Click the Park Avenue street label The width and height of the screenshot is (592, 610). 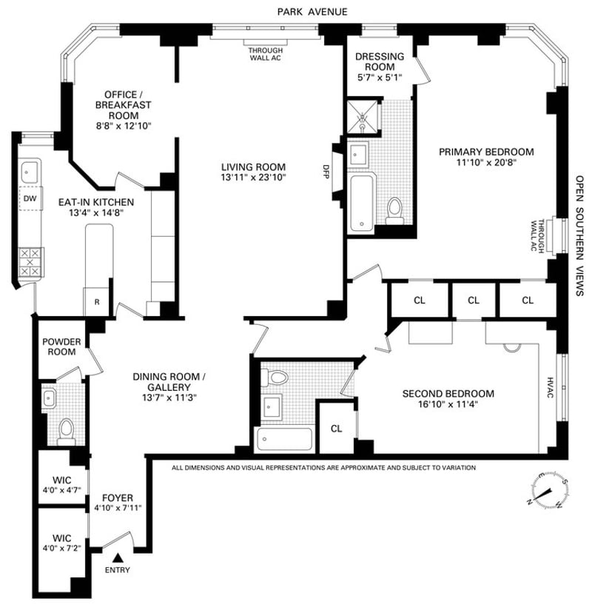(312, 12)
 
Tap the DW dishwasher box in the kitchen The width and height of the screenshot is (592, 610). (31, 198)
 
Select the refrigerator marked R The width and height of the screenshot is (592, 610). (97, 302)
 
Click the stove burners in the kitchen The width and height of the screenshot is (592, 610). (30, 262)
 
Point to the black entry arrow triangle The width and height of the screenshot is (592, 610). (118, 558)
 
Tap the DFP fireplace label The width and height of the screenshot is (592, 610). (326, 171)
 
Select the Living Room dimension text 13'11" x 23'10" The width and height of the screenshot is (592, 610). (253, 178)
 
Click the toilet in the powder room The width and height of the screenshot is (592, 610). (66, 432)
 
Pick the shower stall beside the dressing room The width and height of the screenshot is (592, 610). (362, 116)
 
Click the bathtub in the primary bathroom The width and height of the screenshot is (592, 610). (362, 203)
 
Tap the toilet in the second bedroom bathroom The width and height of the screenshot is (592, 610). (275, 377)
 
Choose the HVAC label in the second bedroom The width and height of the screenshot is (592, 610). (551, 387)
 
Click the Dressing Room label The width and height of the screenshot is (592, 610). (380, 61)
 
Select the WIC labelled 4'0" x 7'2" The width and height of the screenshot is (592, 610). (62, 543)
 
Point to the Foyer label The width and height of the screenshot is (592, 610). (118, 497)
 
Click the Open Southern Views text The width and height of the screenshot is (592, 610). (579, 235)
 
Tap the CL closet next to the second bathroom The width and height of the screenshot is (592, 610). (337, 429)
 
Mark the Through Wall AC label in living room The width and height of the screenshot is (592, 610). (266, 54)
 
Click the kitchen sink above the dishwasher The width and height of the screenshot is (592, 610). (30, 172)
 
